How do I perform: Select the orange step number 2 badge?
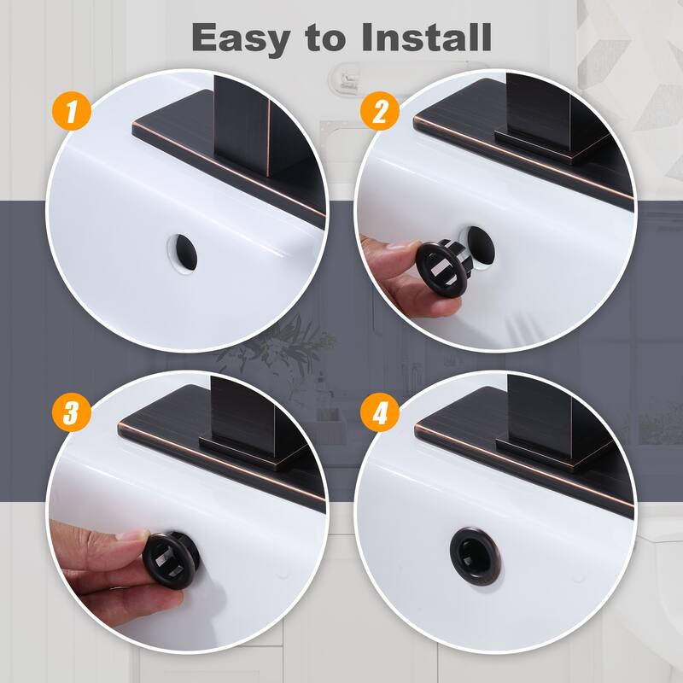tap(377, 112)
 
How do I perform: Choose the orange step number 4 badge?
tap(377, 413)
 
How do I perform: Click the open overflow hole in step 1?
tap(181, 249)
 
